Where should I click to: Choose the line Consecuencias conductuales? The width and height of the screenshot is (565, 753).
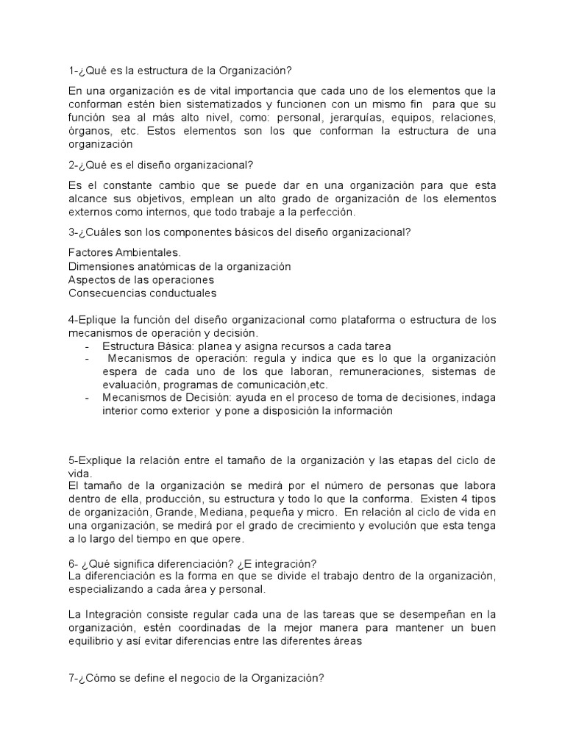142,293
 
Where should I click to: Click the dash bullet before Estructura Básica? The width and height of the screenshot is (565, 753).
88,346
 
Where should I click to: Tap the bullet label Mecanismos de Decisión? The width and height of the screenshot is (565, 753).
166,399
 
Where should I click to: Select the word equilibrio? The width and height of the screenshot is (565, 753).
94,640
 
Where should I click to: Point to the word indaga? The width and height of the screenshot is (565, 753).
480,399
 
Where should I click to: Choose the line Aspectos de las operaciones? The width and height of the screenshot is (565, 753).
141,279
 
